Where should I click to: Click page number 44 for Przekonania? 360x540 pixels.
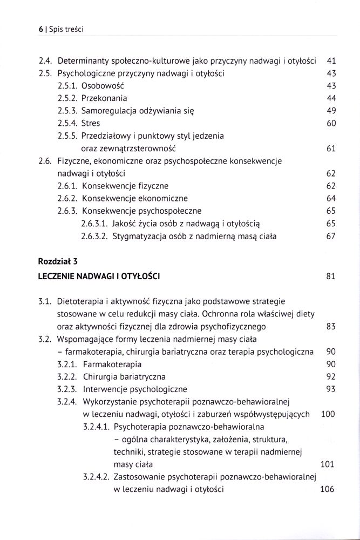pos(331,98)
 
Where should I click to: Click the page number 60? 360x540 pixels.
pos(331,123)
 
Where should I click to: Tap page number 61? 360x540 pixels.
pos(331,148)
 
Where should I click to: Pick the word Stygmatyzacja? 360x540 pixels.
pos(137,235)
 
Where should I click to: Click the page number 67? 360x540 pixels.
pos(331,235)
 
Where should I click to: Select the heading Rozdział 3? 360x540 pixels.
pos(58,261)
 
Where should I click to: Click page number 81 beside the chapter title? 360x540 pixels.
pos(331,276)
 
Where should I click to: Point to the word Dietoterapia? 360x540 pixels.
pos(82,301)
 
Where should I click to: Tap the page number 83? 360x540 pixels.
pos(331,327)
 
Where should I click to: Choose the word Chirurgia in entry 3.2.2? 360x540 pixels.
pos(100,377)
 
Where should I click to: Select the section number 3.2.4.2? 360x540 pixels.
pos(96,477)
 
